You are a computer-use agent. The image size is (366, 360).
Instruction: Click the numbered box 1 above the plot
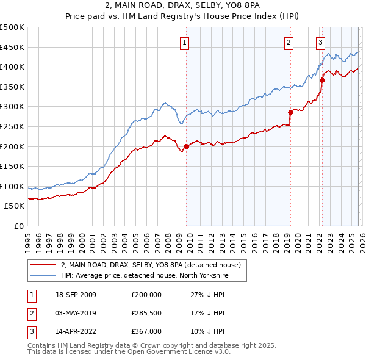point(184,42)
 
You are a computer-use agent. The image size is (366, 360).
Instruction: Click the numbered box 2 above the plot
point(289,42)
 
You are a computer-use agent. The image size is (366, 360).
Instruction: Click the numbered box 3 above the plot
point(320,42)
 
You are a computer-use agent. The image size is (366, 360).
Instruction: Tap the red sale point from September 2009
point(186,146)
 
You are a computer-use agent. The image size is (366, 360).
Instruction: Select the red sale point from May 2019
point(290,112)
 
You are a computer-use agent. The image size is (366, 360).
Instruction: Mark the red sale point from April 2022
point(322,80)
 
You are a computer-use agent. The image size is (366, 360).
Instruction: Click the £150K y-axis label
point(12,167)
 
